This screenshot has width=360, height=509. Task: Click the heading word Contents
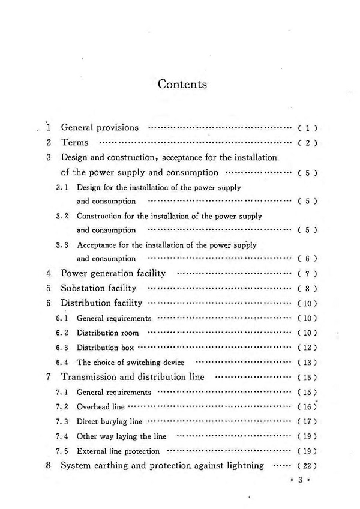pyautogui.click(x=182, y=84)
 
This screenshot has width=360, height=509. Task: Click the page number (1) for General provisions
pyautogui.click(x=307, y=128)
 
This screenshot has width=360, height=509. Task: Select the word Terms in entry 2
pyautogui.click(x=74, y=143)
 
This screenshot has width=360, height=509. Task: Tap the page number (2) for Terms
pyautogui.click(x=307, y=143)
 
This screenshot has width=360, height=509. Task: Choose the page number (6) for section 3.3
pyautogui.click(x=307, y=259)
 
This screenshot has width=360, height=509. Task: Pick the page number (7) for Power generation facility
pyautogui.click(x=307, y=274)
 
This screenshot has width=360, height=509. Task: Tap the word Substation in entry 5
pyautogui.click(x=84, y=288)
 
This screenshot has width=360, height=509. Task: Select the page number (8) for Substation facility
pyautogui.click(x=307, y=289)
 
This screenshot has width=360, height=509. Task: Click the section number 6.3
pyautogui.click(x=62, y=348)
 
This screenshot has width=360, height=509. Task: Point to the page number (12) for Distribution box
pyautogui.click(x=307, y=348)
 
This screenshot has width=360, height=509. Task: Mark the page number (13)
pyautogui.click(x=307, y=363)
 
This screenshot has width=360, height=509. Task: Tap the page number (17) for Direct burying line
pyautogui.click(x=307, y=421)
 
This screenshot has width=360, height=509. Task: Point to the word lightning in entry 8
pyautogui.click(x=244, y=465)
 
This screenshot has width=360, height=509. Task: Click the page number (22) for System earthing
pyautogui.click(x=307, y=466)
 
